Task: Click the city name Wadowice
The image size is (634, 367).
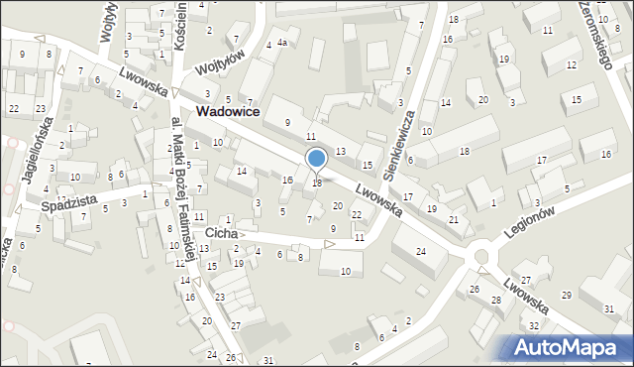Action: click(228, 113)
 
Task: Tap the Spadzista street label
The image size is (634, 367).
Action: click(69, 204)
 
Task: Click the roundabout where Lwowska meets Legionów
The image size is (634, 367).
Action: click(483, 258)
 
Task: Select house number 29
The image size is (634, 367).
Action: click(566, 296)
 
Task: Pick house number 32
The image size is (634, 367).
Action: click(533, 325)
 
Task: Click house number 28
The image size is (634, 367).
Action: click(495, 300)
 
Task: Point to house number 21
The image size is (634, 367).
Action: click(453, 219)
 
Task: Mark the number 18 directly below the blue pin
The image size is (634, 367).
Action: click(316, 183)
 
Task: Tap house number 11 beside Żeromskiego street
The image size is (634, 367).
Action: click(547, 31)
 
